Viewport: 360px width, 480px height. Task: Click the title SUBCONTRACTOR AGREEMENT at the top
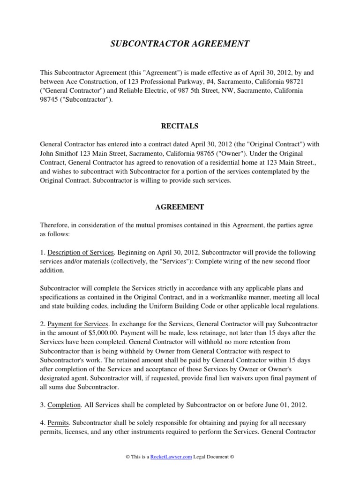pos(180,44)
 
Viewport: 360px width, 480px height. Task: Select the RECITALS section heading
pos(180,126)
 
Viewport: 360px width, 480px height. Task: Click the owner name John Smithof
pos(60,154)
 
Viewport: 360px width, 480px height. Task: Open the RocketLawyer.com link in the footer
pos(171,457)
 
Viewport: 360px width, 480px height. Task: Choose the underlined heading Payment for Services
pos(78,324)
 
